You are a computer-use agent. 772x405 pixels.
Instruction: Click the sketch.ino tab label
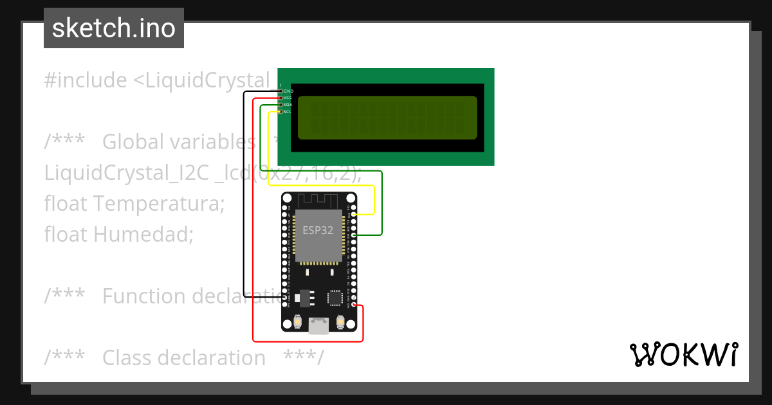114,29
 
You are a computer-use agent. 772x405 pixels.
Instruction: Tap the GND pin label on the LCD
288,91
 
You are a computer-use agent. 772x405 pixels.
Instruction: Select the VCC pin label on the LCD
288,98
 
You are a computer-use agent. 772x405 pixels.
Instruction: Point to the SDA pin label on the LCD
288,105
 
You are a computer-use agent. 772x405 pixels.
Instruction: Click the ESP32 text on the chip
318,230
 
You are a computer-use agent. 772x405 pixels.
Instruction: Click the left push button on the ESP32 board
298,321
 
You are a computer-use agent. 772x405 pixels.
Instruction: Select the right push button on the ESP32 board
341,321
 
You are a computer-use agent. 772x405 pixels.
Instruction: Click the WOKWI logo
683,354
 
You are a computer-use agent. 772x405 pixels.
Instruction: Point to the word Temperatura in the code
159,204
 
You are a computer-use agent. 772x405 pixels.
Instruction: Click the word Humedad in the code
143,235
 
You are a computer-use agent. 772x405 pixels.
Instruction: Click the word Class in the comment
127,357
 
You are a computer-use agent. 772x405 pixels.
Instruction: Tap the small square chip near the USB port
335,298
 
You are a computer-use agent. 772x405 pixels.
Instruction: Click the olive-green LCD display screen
387,118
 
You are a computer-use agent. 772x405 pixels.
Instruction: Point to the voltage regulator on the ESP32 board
307,298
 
